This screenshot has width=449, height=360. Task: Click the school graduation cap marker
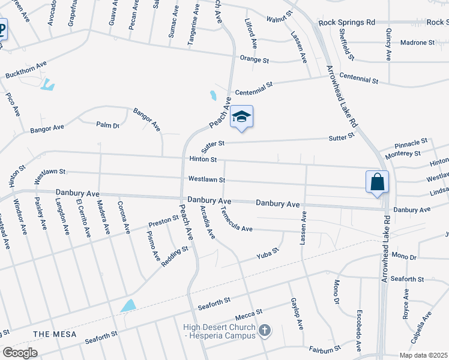tap(241, 117)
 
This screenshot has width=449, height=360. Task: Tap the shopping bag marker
tap(377, 182)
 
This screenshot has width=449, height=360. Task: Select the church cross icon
tap(265, 329)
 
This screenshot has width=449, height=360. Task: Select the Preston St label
tap(164, 223)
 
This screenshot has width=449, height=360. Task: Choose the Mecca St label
tap(250, 313)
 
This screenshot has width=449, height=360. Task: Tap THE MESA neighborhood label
tap(53, 334)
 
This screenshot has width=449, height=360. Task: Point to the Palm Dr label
tap(108, 125)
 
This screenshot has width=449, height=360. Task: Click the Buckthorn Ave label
tap(26, 70)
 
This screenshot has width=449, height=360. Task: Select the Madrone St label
tap(418, 43)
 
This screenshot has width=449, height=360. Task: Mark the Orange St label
tap(254, 60)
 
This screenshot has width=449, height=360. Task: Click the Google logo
tap(20, 353)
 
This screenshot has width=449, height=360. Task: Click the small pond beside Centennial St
tap(213, 95)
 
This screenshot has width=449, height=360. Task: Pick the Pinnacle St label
tap(411, 143)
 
